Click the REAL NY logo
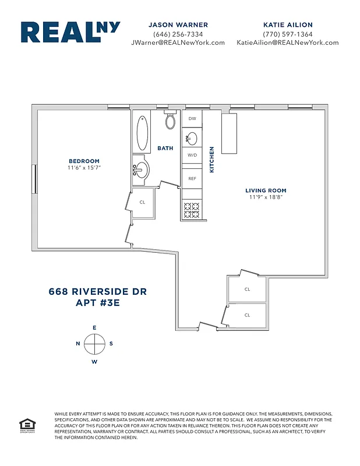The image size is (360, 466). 70,33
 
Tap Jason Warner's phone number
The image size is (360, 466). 178,34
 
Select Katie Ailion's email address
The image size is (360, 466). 287,43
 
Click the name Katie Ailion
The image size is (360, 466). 288,25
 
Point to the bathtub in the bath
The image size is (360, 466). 142,133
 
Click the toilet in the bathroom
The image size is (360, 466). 171,121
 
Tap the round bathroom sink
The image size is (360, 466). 142,170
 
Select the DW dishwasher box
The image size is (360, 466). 192,119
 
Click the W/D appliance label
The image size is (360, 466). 192,156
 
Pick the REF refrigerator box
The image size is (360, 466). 192,178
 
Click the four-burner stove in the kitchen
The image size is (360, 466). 192,210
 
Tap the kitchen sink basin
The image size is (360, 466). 192,138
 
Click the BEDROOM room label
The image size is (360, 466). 84,161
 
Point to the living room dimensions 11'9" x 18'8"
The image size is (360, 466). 266,197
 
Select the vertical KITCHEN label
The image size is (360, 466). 212,159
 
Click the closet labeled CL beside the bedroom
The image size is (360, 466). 143,203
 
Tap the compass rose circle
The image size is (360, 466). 94,344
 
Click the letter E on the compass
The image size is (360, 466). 94,328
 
